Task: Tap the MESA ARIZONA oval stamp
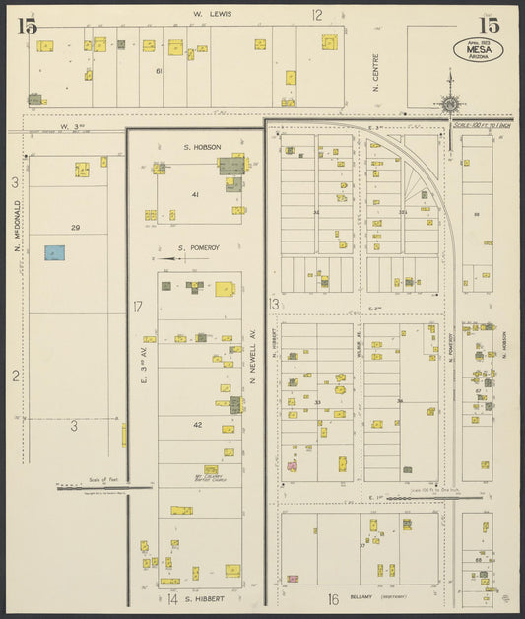(479, 48)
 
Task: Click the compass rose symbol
(450, 101)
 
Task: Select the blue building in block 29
(54, 253)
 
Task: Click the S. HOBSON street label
(201, 147)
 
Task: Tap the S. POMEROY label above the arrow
(196, 248)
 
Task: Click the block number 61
(158, 71)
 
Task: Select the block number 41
(195, 195)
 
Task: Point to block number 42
(197, 425)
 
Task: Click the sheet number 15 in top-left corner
(27, 26)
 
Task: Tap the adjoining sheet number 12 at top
(317, 15)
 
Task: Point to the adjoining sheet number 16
(333, 598)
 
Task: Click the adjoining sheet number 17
(139, 308)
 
